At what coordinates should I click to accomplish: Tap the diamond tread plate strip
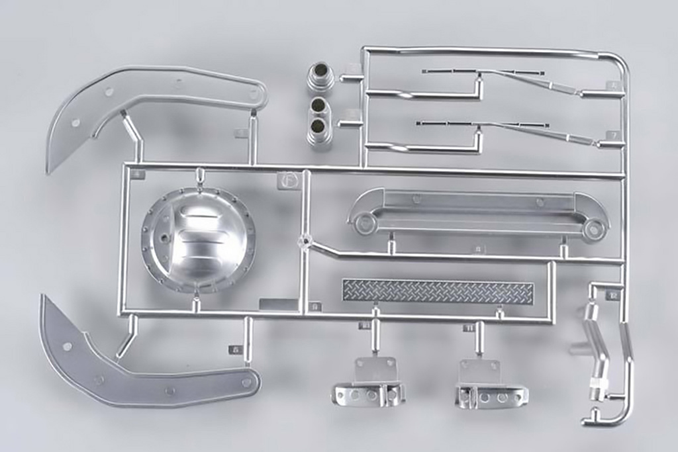pos(438,291)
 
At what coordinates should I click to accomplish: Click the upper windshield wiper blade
pos(483,72)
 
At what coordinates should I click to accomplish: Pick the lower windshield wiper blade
pos(483,124)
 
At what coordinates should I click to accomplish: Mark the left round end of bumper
pos(365,224)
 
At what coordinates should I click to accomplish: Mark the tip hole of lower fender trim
pos(246,382)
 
